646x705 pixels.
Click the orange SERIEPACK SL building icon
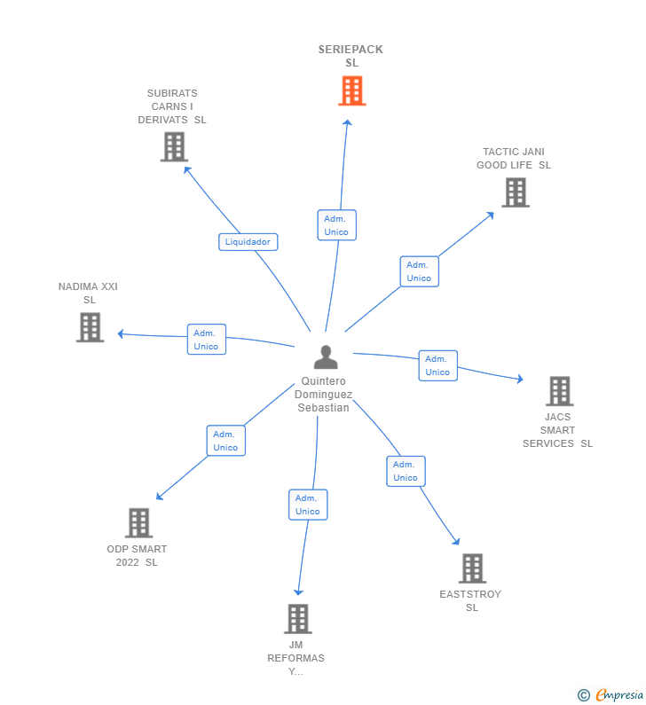[352, 90]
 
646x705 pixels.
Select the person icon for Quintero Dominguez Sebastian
[326, 357]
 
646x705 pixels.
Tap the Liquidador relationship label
[248, 241]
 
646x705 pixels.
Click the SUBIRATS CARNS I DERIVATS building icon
[174, 146]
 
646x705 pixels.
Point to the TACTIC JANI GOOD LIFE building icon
[515, 192]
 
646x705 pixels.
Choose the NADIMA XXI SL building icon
[90, 327]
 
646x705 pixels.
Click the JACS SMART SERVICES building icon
[559, 391]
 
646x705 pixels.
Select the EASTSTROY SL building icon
[472, 568]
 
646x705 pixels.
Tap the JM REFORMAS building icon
[297, 619]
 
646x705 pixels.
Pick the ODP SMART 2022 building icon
[138, 523]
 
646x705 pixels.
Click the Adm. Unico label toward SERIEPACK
[336, 225]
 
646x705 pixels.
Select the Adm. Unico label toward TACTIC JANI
[419, 271]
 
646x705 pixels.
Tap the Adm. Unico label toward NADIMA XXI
[207, 340]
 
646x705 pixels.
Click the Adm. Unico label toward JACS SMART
[437, 365]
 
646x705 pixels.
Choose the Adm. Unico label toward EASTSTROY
[406, 471]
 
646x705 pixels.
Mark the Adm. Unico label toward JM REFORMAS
[308, 505]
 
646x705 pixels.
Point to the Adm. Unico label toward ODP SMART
[225, 441]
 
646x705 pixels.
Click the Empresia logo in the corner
[610, 695]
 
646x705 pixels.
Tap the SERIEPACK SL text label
[351, 56]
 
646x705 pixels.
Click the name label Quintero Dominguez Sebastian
[322, 395]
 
